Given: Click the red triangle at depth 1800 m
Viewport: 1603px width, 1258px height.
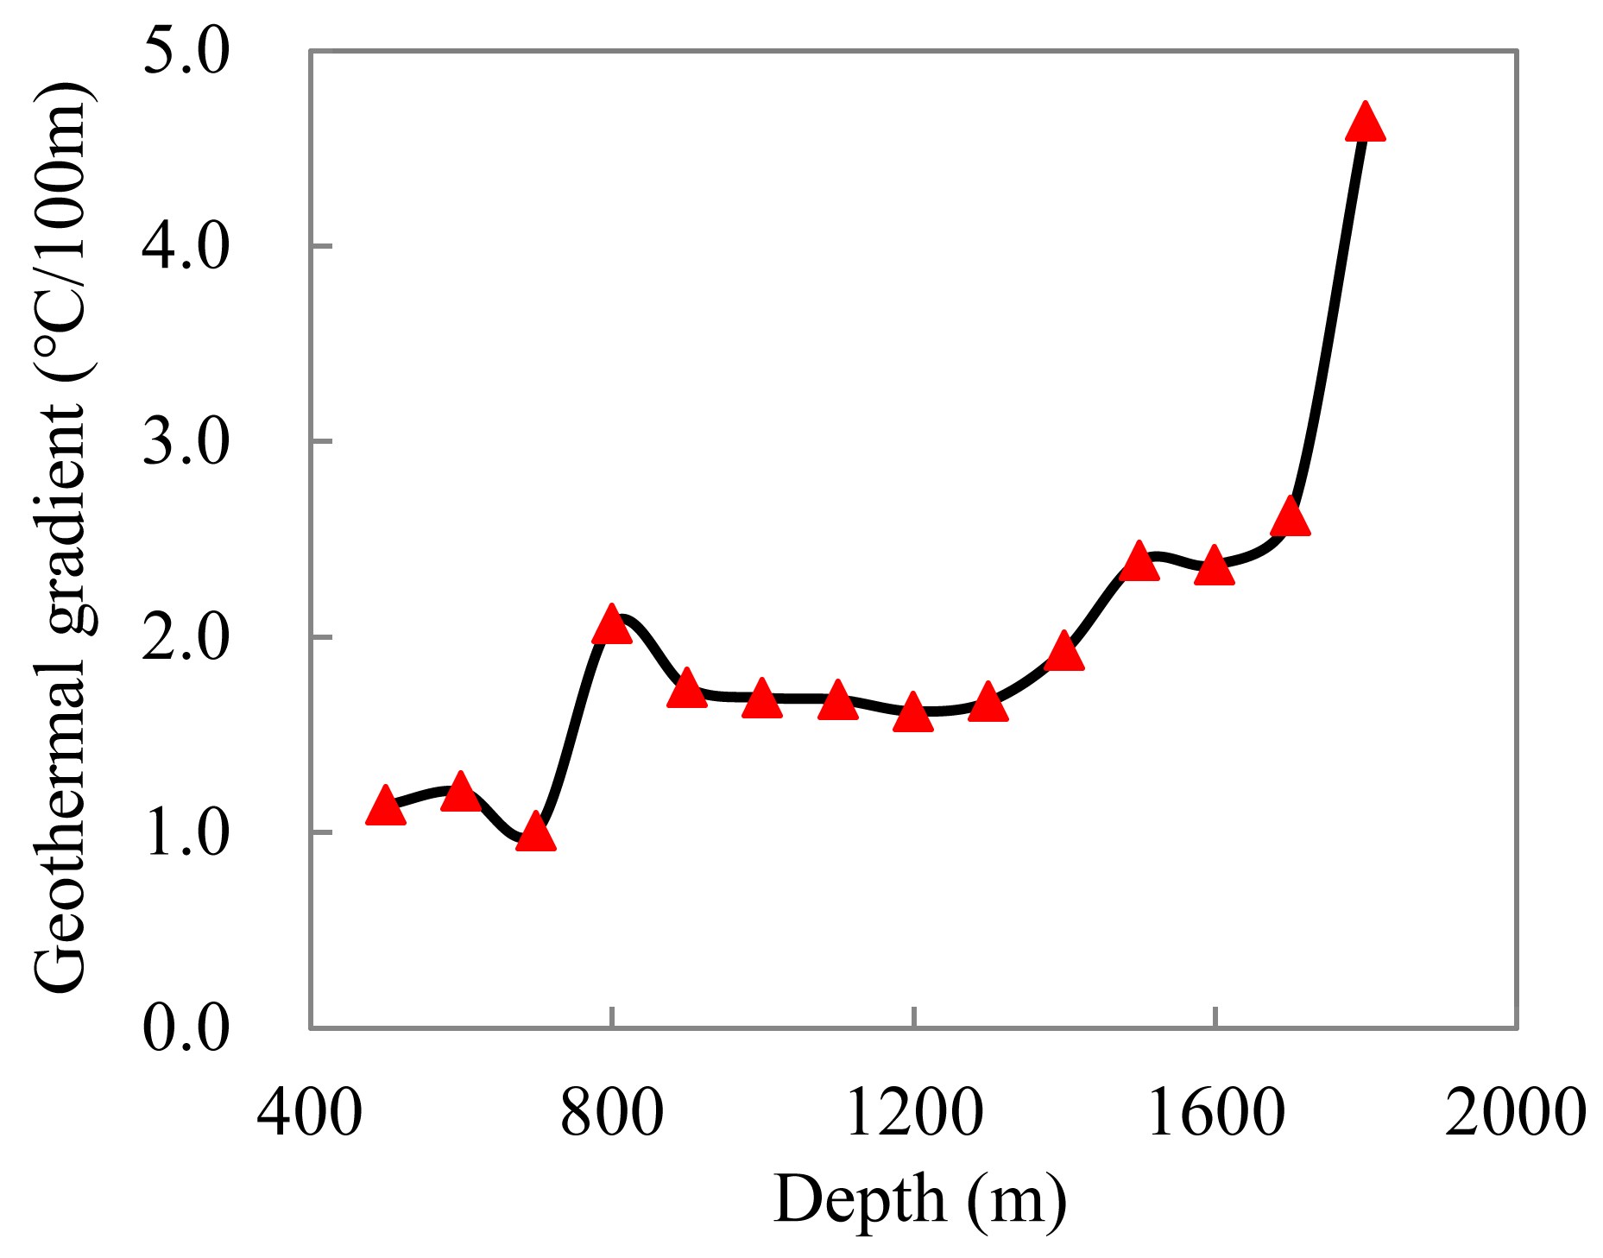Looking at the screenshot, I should coord(1365,123).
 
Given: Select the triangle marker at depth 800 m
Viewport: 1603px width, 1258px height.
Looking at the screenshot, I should coord(612,626).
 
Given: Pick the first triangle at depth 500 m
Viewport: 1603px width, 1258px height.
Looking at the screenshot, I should coord(386,808).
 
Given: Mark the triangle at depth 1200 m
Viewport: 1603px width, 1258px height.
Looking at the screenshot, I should coord(912,714).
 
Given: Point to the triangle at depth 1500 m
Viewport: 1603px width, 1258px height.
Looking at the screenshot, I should coord(1139,563).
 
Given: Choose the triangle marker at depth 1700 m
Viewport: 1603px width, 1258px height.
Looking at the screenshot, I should coord(1291,518).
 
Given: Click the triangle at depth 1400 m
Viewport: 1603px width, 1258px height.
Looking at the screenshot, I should coord(1063,653).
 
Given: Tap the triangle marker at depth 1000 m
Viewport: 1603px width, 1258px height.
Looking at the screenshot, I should coord(762,700).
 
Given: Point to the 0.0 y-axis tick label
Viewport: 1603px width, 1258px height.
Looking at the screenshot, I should coord(186,1027).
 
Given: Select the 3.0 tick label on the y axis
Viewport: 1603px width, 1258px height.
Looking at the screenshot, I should coord(186,441).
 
